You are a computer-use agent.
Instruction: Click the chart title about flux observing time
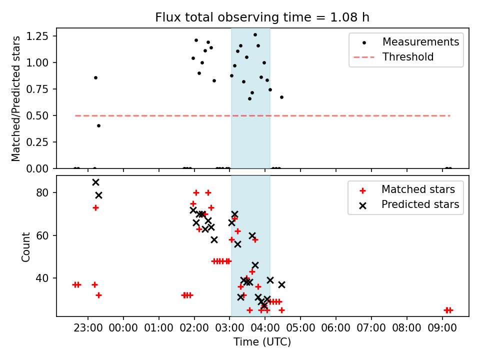(262, 17)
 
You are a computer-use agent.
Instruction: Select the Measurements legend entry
(420, 42)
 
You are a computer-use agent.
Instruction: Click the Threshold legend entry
(408, 57)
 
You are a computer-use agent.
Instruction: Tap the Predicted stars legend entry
(420, 204)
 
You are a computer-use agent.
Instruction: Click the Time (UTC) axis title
(262, 342)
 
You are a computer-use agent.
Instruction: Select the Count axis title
(25, 246)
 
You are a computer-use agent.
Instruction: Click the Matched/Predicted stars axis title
(16, 98)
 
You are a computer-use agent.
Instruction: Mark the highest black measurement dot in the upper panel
(255, 35)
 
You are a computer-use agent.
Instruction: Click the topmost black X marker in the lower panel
(95, 182)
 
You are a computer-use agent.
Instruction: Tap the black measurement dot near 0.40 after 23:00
(98, 125)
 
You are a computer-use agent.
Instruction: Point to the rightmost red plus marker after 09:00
(450, 310)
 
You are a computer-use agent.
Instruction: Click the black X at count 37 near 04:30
(281, 284)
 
